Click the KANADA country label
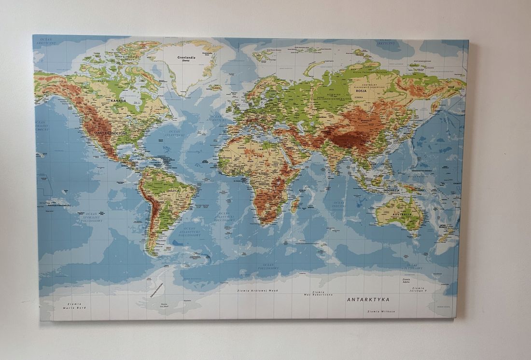(118, 101)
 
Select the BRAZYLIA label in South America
(173, 191)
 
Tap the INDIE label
(334, 157)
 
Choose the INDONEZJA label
(392, 190)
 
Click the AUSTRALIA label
(402, 214)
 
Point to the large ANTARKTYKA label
(368, 300)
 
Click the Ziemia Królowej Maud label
(258, 291)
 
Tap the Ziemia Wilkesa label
(381, 311)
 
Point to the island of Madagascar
(295, 205)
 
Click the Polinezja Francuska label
(59, 205)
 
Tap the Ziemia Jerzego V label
(419, 290)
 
